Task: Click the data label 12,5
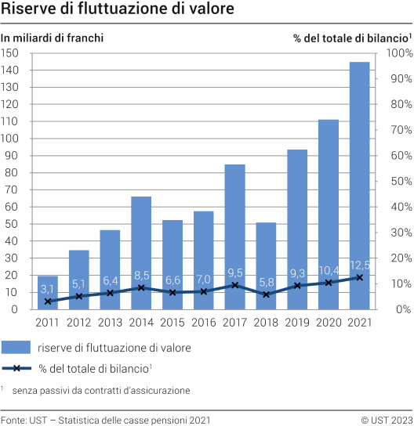click(360, 264)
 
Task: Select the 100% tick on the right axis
click(398, 53)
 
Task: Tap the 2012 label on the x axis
click(78, 322)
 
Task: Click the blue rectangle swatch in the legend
click(26, 347)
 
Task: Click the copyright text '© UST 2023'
click(386, 419)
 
